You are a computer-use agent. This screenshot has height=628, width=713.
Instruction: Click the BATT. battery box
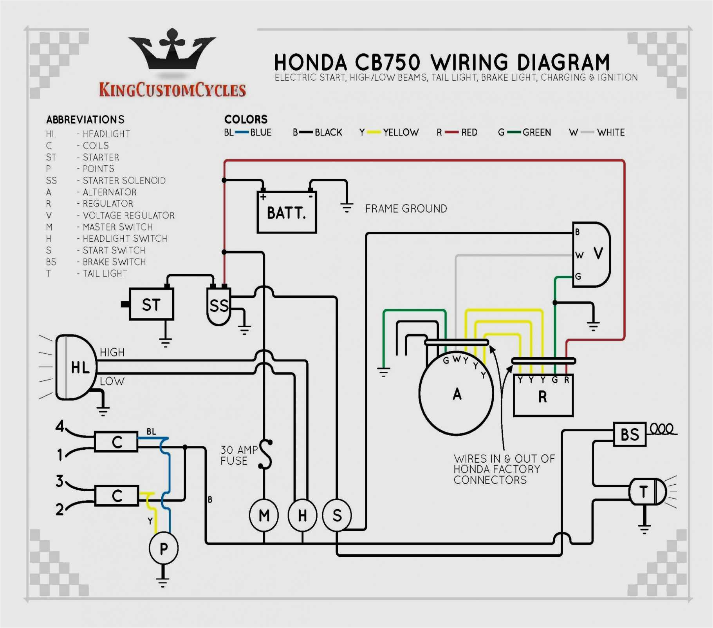pos(286,212)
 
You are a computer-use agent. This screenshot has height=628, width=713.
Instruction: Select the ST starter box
pos(151,304)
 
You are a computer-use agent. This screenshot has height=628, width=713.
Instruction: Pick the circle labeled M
pos(264,515)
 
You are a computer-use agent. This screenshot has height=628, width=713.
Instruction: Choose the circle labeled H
pos(302,515)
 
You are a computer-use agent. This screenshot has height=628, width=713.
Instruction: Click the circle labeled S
pos(337,515)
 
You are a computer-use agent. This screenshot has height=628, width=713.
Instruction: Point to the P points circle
pos(164,548)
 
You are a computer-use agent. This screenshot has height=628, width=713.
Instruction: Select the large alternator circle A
pos(456,394)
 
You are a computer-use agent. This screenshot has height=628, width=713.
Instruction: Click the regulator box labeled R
pos(543,396)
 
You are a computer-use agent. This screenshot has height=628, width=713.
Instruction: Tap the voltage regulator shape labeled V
pos(592,254)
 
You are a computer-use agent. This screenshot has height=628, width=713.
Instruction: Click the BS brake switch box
pos(629,434)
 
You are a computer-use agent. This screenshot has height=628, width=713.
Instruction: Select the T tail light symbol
pos(646,492)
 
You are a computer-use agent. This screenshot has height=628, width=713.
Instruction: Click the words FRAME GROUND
pos(406,208)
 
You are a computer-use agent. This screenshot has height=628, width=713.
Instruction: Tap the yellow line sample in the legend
pos(374,132)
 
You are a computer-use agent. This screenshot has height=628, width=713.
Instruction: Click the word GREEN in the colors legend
pos(536,132)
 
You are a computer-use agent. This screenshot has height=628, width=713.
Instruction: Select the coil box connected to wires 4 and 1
pos(116,442)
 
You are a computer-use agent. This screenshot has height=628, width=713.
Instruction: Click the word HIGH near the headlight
pos(112,352)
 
